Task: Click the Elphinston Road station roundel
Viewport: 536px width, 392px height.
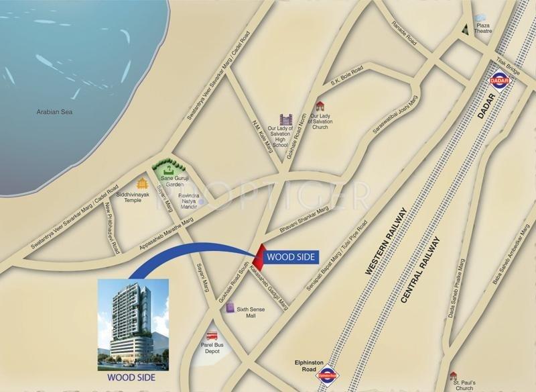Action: point(328,377)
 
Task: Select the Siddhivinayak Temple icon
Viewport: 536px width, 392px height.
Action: point(142,183)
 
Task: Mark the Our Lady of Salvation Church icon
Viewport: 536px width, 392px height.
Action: point(320,105)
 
